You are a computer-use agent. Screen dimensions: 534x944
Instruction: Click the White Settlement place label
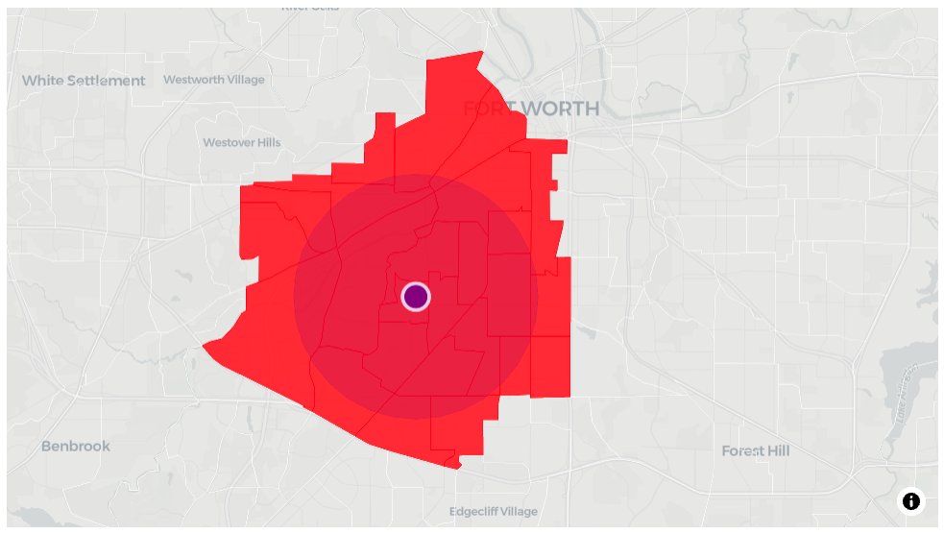[x=84, y=81]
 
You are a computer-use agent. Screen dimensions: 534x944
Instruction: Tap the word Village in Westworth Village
[x=240, y=80]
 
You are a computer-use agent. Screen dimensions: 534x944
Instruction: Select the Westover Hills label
[x=242, y=142]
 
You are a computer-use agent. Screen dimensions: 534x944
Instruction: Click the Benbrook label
[x=76, y=446]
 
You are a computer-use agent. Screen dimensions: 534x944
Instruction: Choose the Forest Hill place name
[x=755, y=450]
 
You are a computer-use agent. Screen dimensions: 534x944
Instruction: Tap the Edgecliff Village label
[x=494, y=512]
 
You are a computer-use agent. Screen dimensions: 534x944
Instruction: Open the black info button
[x=910, y=500]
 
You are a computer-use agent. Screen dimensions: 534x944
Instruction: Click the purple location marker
[x=415, y=296]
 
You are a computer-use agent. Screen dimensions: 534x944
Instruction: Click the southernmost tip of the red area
[x=458, y=468]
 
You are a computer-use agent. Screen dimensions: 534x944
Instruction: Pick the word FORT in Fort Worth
[x=486, y=109]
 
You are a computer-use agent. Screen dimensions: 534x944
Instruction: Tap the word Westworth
[x=193, y=80]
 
